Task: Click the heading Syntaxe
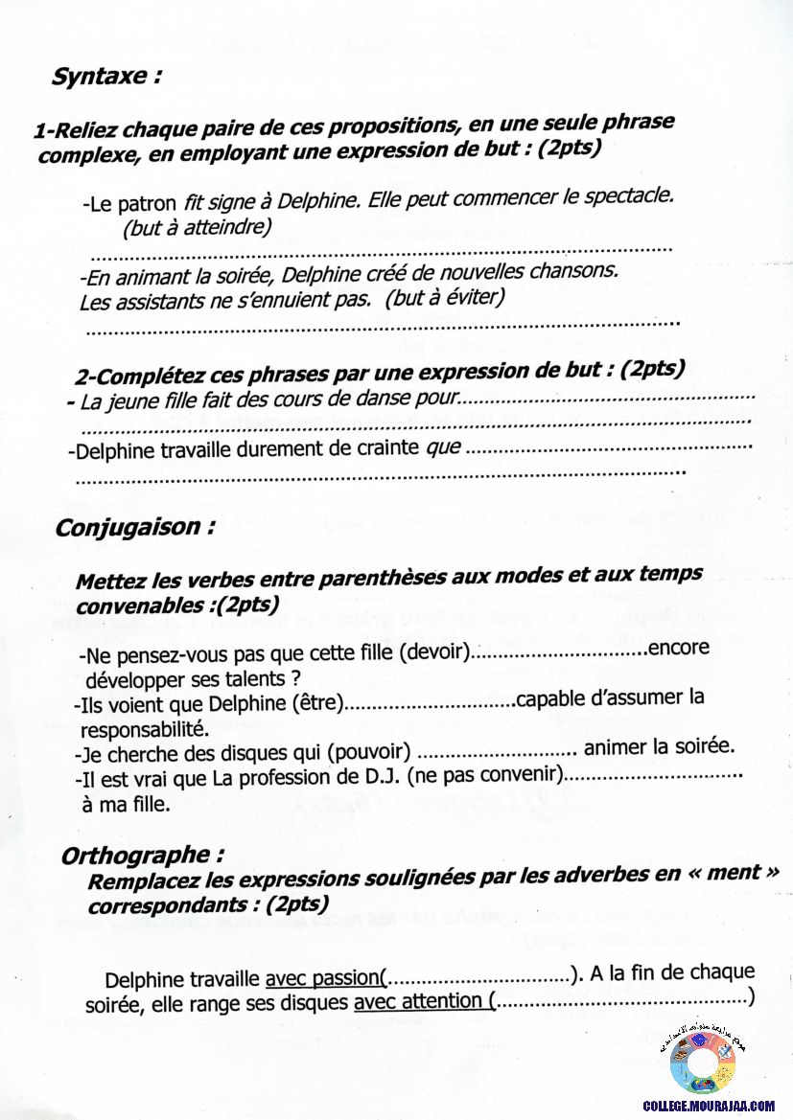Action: pos(105,78)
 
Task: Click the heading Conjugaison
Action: pos(134,527)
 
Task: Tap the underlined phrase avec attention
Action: pos(418,1002)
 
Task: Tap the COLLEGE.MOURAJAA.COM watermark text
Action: pos(709,1106)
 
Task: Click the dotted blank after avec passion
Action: pos(478,978)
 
